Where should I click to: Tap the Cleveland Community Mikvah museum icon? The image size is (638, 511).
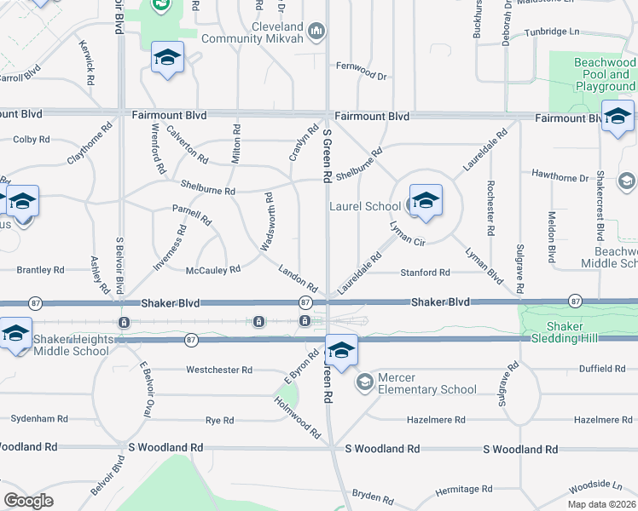(316, 32)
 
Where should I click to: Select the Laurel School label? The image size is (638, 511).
(365, 206)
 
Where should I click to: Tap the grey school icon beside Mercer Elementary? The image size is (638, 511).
(365, 382)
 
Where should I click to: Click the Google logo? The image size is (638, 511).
(28, 500)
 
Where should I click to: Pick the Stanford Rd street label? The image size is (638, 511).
(426, 273)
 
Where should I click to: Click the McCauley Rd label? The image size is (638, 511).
(213, 269)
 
